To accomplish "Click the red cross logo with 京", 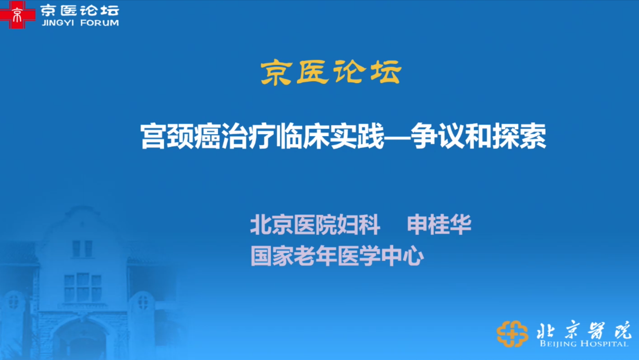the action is click(x=18, y=14).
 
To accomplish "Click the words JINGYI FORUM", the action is click(x=80, y=23).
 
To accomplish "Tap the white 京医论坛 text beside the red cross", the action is click(x=80, y=11).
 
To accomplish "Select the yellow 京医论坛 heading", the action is click(x=331, y=73).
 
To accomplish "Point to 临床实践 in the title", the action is click(x=331, y=136).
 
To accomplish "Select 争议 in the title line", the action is click(x=438, y=136).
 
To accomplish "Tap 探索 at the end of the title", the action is click(x=520, y=136).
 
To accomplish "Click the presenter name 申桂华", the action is click(x=439, y=225).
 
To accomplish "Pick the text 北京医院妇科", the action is click(x=315, y=225).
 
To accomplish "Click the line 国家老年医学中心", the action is click(x=337, y=256).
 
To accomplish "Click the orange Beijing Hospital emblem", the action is click(x=512, y=334).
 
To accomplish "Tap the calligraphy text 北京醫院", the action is click(x=583, y=330).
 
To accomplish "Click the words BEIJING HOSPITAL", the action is click(x=584, y=343).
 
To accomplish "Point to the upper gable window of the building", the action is click(x=83, y=249).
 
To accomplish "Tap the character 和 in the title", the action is click(x=479, y=136).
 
